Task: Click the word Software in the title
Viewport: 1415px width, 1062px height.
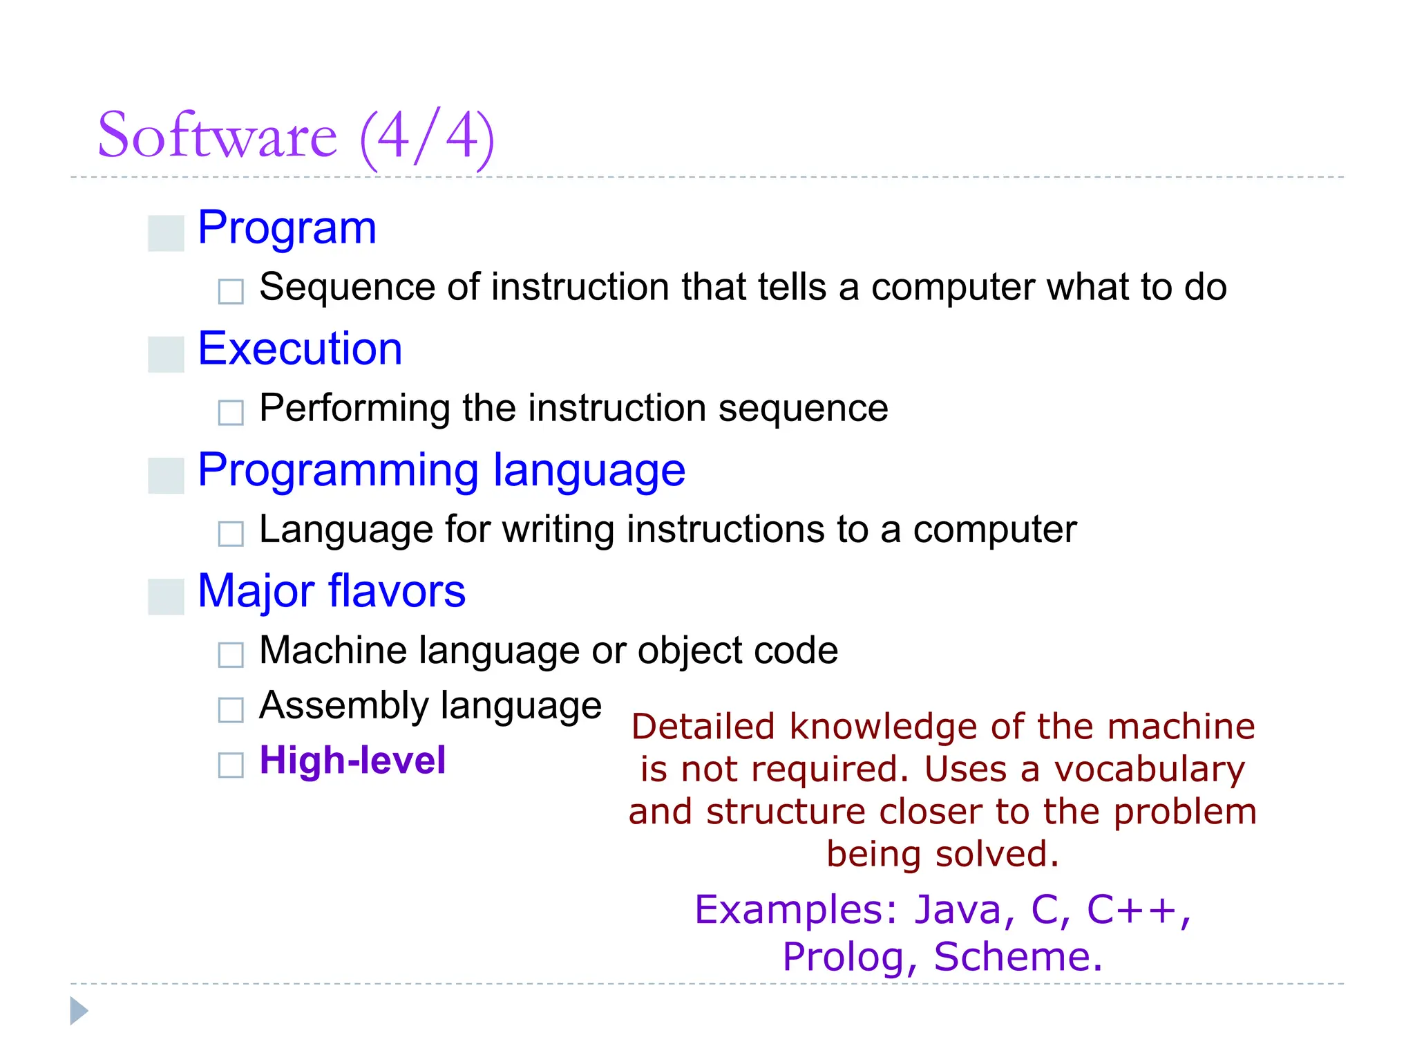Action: pos(217,136)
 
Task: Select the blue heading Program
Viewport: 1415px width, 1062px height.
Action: pos(287,228)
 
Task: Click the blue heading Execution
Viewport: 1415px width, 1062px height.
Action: pos(300,348)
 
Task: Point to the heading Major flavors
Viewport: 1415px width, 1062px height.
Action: pos(332,592)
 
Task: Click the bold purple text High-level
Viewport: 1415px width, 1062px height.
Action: pos(352,761)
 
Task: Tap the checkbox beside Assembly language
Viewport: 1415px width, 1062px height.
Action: pos(231,709)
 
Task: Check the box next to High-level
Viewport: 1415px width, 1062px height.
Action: pos(231,765)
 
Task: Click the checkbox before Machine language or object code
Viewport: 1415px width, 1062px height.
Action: pos(231,654)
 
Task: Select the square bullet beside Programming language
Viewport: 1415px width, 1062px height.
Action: pos(166,476)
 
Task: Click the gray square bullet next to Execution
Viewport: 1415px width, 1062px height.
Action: pos(166,355)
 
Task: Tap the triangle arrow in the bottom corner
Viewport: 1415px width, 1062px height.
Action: pos(79,1011)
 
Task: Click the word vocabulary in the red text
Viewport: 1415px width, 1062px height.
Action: pos(1149,770)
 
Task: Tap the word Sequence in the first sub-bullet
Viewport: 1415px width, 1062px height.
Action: pos(348,288)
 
